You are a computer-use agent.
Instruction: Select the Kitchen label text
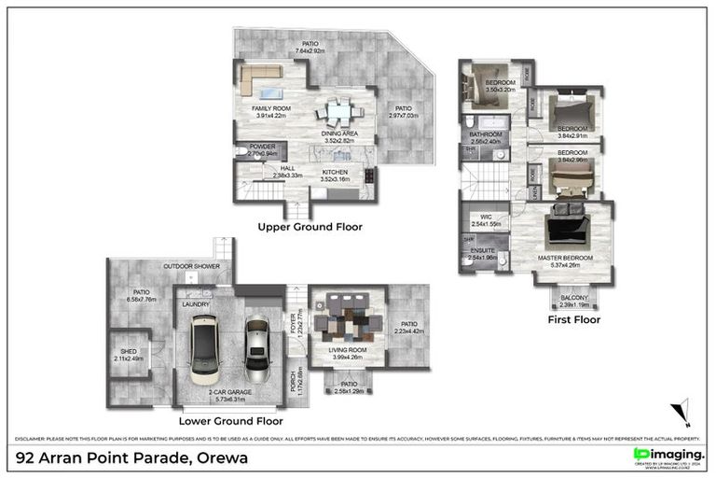(335, 173)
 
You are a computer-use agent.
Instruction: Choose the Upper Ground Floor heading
(311, 227)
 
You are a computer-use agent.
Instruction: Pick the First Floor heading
(573, 319)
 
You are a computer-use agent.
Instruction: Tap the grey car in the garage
(257, 345)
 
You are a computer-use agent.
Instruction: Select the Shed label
(129, 352)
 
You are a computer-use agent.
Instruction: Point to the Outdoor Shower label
(191, 267)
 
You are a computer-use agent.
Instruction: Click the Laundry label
(195, 303)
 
